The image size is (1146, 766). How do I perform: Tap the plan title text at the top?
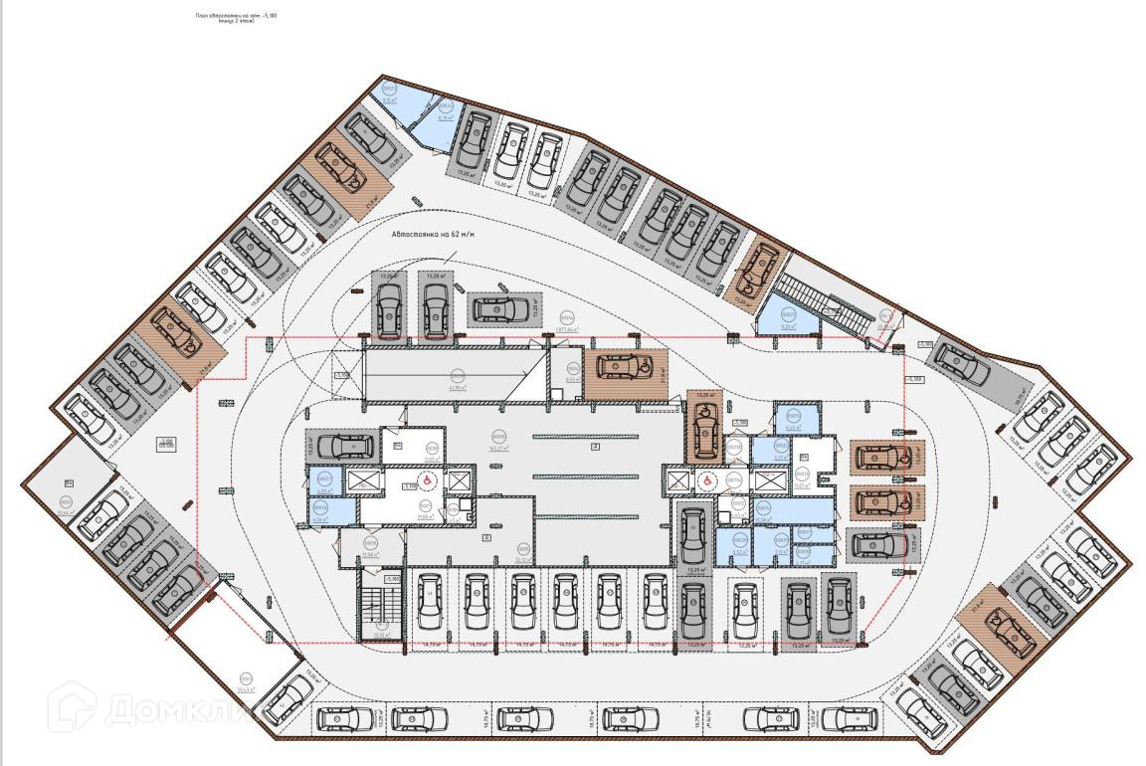(235, 18)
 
